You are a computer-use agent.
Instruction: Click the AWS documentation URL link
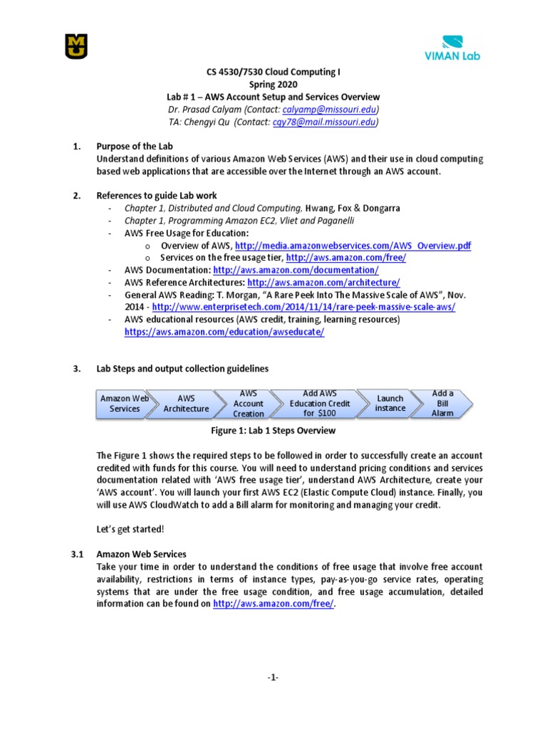coord(296,271)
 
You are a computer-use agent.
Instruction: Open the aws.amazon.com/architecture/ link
coord(319,283)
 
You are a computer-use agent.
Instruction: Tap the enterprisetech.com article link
coord(303,307)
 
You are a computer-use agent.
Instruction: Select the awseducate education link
coord(224,332)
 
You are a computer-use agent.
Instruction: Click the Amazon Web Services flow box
coord(124,404)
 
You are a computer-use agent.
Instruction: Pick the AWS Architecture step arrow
coord(186,404)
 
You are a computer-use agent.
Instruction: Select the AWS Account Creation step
coord(249,404)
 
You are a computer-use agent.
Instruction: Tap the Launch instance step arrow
coord(390,404)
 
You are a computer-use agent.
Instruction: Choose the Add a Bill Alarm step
coord(443,404)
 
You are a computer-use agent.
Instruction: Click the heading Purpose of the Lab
coord(135,146)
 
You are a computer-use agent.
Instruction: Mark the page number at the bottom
coord(273,678)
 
